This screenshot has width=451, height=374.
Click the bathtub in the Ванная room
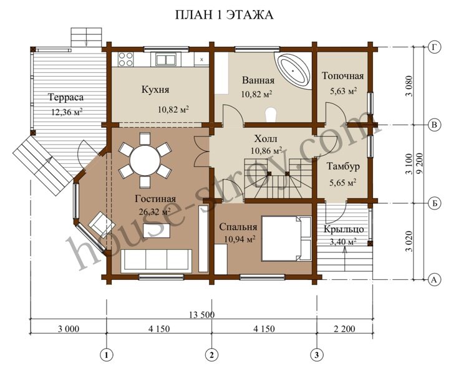(x=293, y=70)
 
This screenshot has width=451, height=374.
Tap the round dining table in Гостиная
(x=145, y=160)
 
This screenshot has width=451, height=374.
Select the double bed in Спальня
(x=286, y=238)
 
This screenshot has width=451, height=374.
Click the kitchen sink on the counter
(x=166, y=59)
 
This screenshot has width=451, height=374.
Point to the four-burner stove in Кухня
(x=125, y=59)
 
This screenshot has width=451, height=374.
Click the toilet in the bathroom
(x=271, y=115)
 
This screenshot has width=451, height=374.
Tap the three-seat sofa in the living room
(x=156, y=261)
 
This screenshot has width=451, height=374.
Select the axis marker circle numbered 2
(x=211, y=355)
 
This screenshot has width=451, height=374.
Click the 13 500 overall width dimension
(x=201, y=315)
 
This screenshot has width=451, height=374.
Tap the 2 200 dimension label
(x=344, y=328)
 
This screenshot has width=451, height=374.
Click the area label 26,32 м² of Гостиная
(x=155, y=211)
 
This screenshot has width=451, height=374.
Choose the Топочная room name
(x=342, y=76)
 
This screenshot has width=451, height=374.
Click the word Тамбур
(x=343, y=166)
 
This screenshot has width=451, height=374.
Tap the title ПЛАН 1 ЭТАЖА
(x=225, y=15)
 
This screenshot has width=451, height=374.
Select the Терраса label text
(x=65, y=97)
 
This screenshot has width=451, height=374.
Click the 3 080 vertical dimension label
(x=409, y=86)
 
